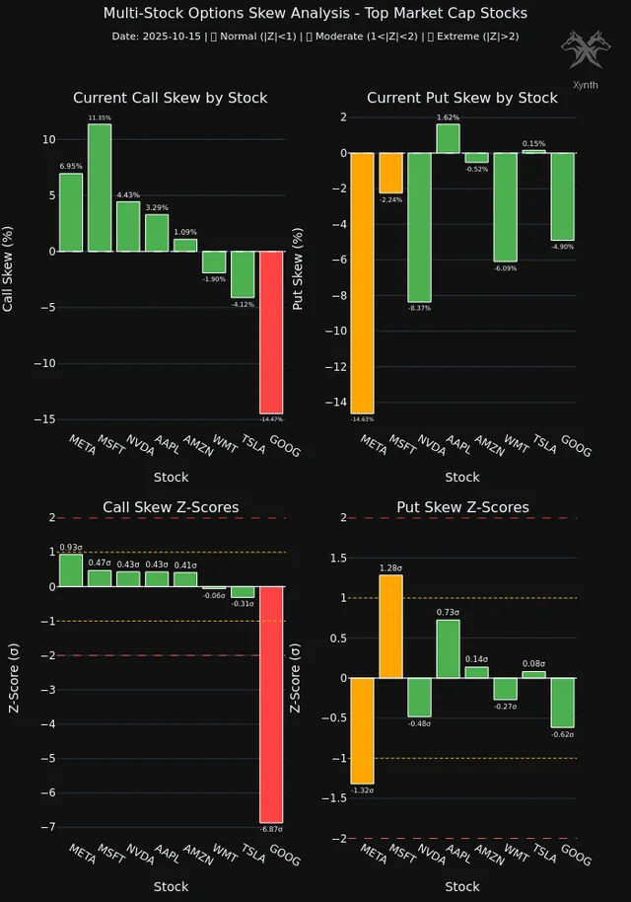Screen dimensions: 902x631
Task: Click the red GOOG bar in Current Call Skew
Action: (x=271, y=332)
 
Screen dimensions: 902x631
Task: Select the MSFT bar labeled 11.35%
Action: (x=100, y=188)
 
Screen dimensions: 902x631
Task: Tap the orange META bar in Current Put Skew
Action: (x=362, y=283)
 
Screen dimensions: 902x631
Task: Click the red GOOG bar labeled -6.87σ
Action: (x=271, y=704)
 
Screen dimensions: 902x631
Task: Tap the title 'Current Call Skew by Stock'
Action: (x=170, y=98)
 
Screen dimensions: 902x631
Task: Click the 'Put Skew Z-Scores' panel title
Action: (x=462, y=507)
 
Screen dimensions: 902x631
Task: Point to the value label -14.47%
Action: (x=271, y=420)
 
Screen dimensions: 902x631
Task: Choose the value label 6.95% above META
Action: (x=70, y=167)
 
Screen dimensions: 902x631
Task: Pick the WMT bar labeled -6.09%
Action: (x=506, y=207)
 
